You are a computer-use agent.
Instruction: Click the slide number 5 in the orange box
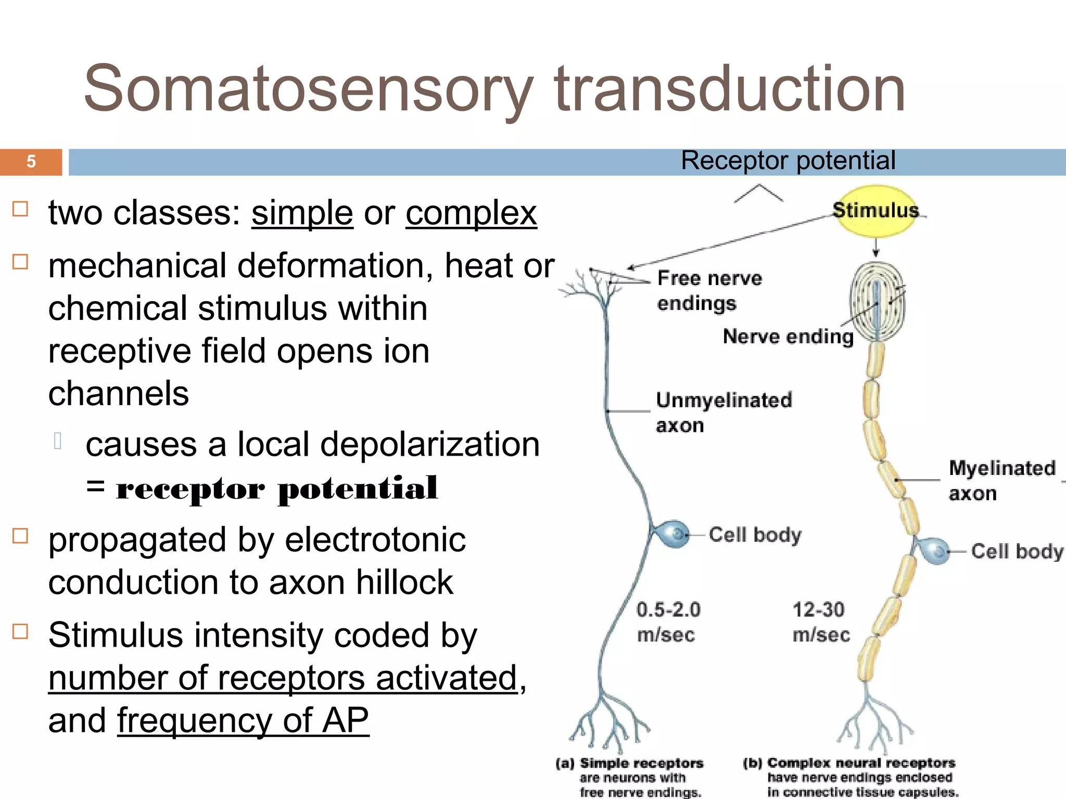[31, 162]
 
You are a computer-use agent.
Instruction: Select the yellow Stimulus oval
[875, 211]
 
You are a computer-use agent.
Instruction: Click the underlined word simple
[302, 213]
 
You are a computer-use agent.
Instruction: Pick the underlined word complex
[471, 213]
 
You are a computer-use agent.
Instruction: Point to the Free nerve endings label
[709, 290]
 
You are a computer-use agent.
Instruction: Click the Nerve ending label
[788, 337]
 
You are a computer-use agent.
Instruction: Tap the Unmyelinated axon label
[724, 412]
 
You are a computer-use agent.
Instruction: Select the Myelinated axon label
[1001, 480]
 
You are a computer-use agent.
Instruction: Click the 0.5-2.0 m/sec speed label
[668, 622]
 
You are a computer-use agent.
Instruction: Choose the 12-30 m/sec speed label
[820, 622]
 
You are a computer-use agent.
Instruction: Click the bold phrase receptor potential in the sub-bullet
[276, 488]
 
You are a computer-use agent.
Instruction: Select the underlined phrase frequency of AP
[243, 721]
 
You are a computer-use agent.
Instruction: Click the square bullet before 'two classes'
[20, 209]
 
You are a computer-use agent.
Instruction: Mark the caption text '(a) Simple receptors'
[630, 763]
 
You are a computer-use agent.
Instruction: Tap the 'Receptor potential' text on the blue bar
[788, 160]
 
